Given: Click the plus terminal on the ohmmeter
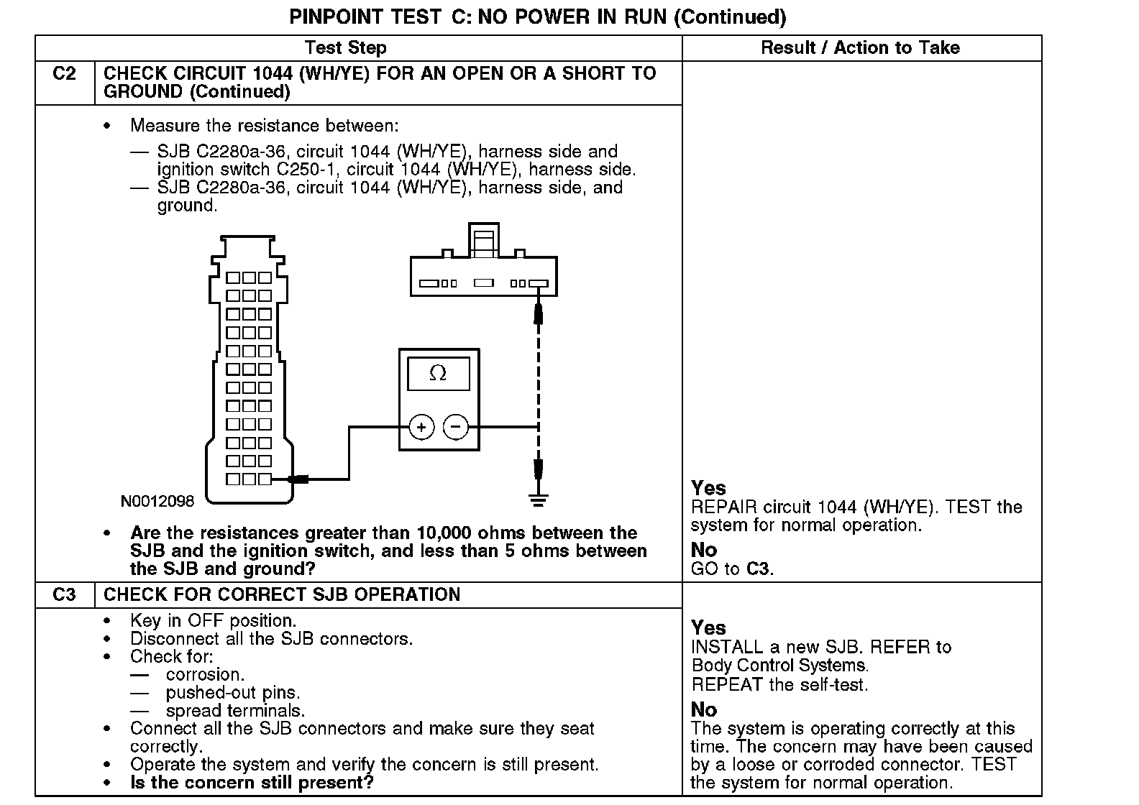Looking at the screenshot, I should point(421,428).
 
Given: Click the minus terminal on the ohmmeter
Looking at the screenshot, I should point(456,428).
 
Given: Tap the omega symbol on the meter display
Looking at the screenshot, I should point(438,373).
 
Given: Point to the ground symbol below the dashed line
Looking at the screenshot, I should point(538,499).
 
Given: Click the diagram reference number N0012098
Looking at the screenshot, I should point(157,501).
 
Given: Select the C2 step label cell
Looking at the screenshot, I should point(65,74).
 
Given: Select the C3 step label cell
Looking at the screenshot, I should point(65,595).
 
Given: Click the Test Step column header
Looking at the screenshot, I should point(345,48).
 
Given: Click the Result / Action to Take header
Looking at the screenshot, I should point(860,48).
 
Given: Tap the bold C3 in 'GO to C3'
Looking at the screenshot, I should point(759,569).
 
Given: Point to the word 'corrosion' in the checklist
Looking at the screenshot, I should point(205,675).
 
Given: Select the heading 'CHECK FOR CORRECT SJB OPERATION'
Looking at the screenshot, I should point(282,595).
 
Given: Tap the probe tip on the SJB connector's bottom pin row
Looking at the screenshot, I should point(295,479).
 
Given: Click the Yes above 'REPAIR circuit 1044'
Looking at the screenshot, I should point(708,489).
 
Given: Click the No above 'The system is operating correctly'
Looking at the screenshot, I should point(704,710).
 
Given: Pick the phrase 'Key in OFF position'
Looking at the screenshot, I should point(213,621).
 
